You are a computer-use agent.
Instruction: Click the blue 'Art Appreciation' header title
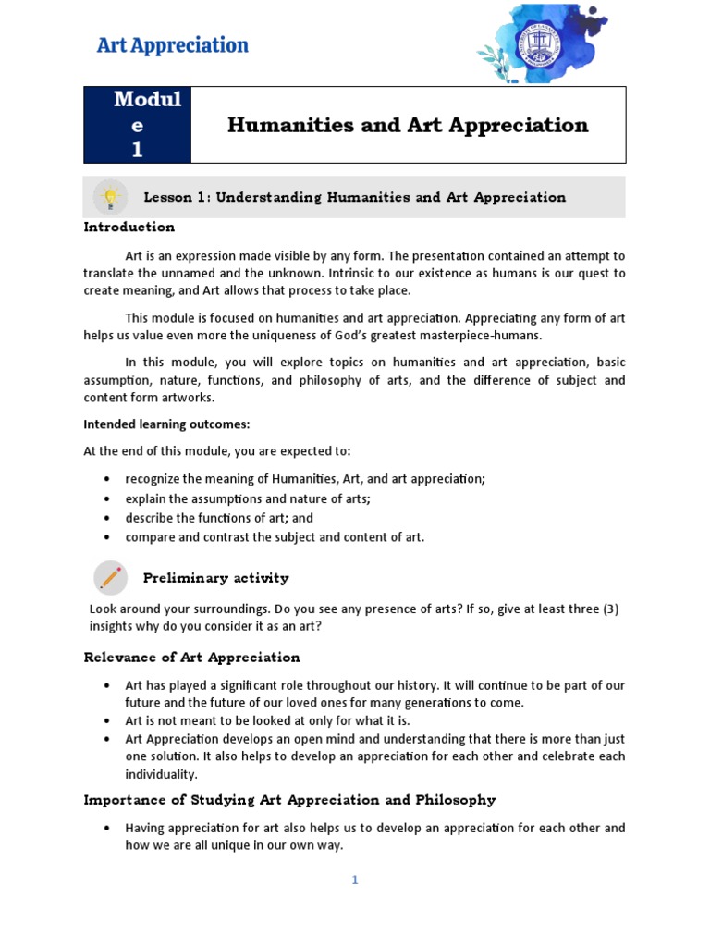click(173, 45)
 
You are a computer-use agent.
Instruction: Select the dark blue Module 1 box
click(137, 125)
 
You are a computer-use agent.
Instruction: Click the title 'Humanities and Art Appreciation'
click(408, 125)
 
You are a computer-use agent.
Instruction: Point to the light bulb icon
click(110, 197)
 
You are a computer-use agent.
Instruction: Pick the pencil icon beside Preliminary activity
click(110, 578)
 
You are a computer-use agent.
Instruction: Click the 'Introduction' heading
click(129, 227)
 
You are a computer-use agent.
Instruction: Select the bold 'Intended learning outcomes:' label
click(166, 424)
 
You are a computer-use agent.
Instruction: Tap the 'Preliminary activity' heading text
click(215, 578)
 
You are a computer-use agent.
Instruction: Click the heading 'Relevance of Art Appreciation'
click(191, 658)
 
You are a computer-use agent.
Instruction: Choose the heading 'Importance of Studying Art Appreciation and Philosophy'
click(289, 800)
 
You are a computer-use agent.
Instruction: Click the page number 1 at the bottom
click(354, 880)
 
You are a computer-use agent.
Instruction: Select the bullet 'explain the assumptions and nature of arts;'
click(248, 498)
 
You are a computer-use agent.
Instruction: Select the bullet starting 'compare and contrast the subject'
click(275, 537)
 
